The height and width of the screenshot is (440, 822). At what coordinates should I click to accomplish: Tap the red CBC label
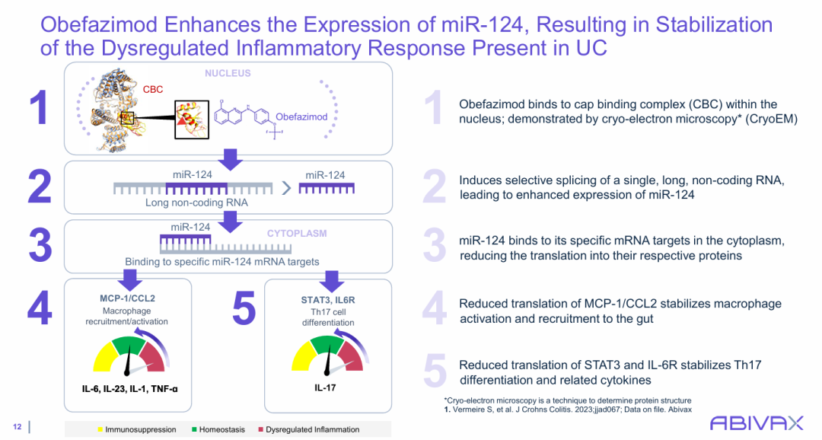pyautogui.click(x=152, y=90)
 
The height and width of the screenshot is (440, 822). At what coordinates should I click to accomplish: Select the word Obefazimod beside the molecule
pyautogui.click(x=301, y=117)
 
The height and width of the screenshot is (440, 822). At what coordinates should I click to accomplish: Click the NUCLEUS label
pyautogui.click(x=227, y=74)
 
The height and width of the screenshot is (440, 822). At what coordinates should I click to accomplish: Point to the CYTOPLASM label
pyautogui.click(x=296, y=233)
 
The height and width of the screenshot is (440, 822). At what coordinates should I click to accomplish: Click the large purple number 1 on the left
pyautogui.click(x=39, y=109)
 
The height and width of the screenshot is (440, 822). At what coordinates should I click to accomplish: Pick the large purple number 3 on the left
pyautogui.click(x=40, y=244)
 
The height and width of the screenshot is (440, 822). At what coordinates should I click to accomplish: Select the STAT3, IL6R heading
pyautogui.click(x=327, y=300)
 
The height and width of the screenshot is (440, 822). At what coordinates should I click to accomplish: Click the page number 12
pyautogui.click(x=18, y=426)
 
